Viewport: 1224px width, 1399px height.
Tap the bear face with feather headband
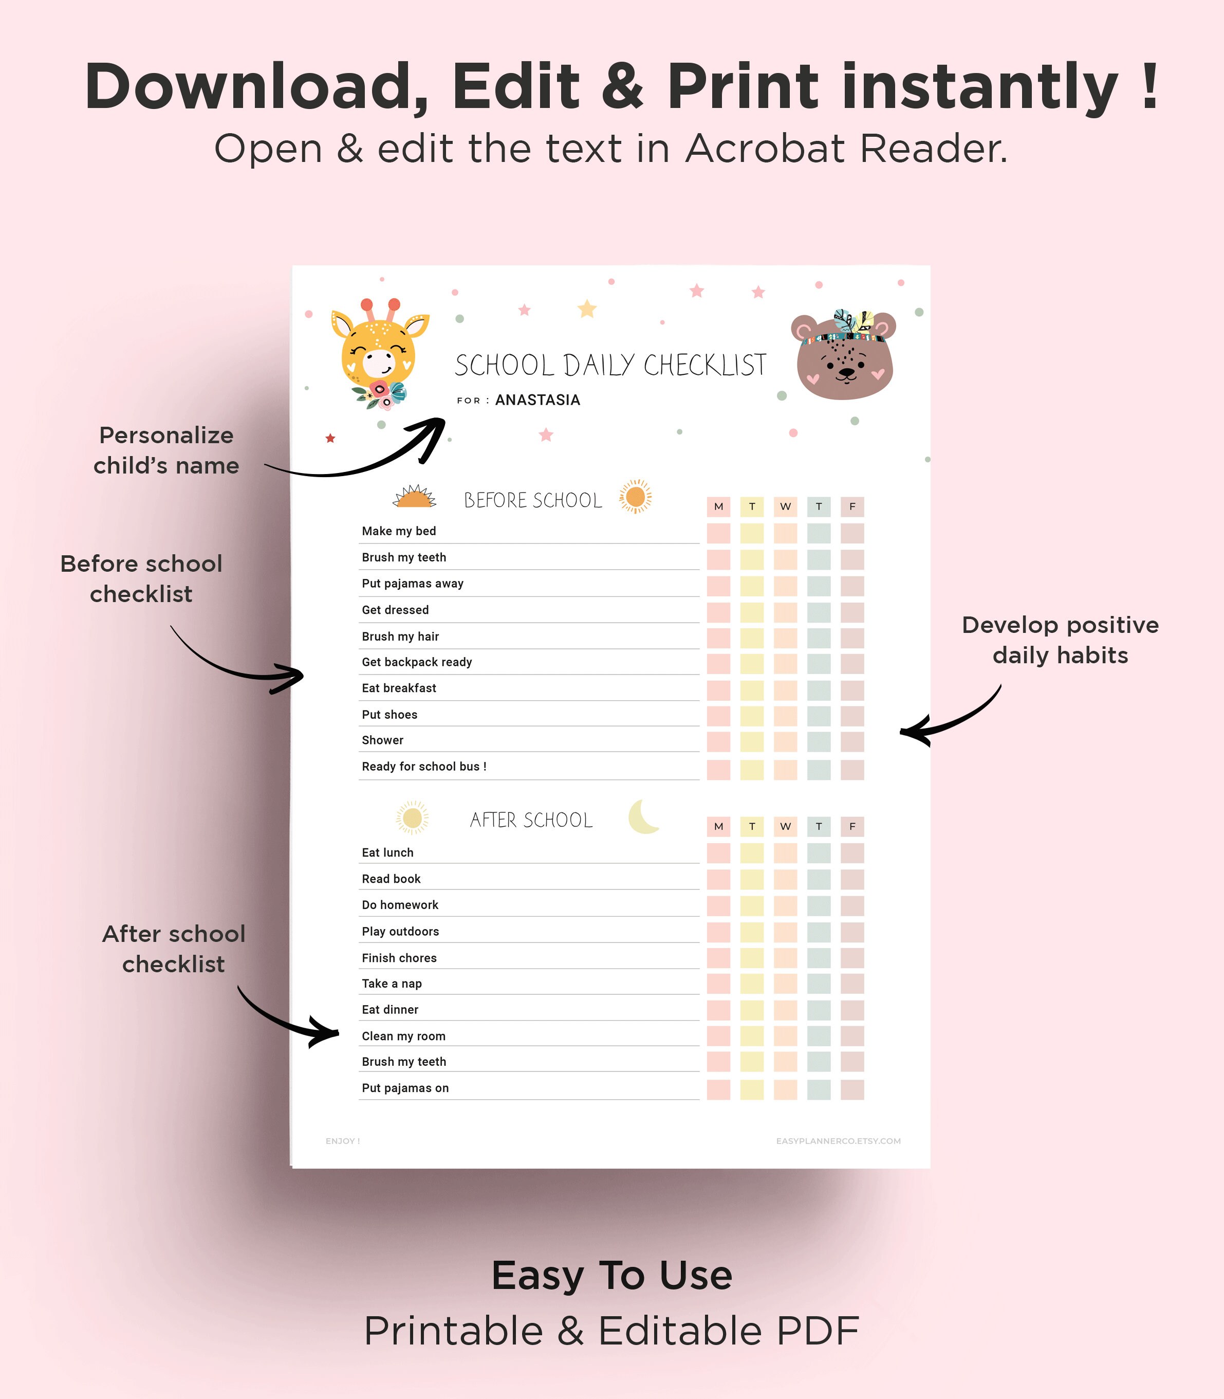pos(844,354)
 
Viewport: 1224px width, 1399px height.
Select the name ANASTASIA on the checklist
pos(537,400)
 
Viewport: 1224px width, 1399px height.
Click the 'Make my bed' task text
pos(399,531)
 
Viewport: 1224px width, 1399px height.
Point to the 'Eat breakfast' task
pos(399,688)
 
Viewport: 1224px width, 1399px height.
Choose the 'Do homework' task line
pos(400,905)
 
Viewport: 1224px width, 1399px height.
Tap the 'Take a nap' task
pos(392,984)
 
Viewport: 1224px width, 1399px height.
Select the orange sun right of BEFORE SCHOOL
pos(635,496)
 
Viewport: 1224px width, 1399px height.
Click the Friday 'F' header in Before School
pos(852,506)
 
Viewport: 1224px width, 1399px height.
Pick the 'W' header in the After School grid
pos(786,826)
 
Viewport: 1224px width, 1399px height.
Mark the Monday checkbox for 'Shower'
pos(718,741)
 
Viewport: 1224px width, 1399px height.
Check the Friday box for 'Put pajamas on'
pos(852,1089)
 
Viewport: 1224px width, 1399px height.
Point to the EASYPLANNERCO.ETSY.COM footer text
pos(838,1141)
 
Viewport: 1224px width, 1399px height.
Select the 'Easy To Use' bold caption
pos(612,1275)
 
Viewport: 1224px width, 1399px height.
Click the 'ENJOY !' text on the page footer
pos(343,1141)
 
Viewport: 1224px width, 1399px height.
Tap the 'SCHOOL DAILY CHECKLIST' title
pos(610,365)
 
